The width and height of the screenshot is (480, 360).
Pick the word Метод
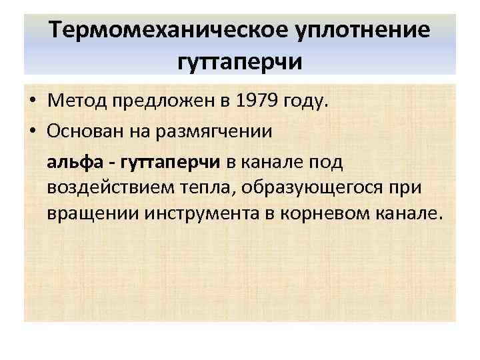[69, 101]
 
